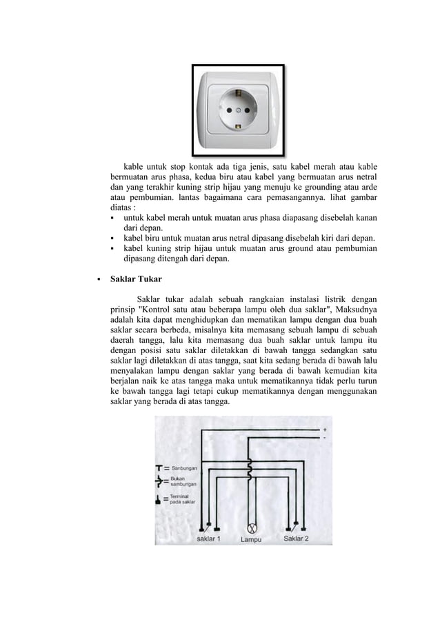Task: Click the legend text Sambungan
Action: point(184,468)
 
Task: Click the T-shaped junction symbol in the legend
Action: point(161,468)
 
